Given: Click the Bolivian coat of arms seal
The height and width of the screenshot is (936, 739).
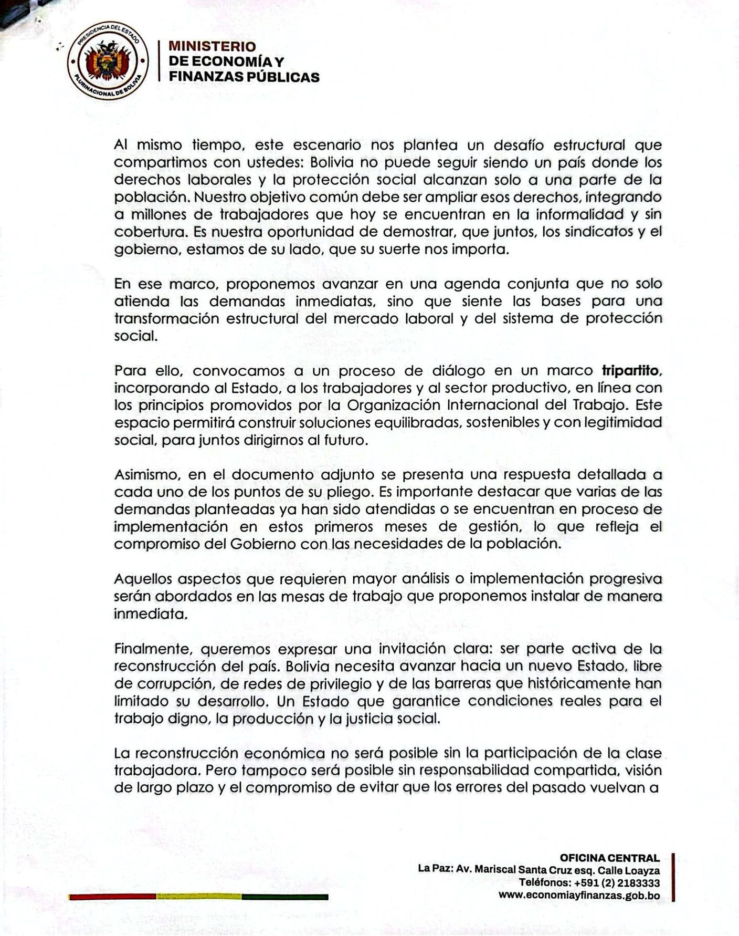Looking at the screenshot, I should [108, 62].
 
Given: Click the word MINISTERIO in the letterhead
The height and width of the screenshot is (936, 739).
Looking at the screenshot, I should [212, 47].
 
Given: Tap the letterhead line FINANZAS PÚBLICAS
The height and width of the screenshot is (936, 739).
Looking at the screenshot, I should [244, 77].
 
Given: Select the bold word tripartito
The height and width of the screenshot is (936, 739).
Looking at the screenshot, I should [630, 371].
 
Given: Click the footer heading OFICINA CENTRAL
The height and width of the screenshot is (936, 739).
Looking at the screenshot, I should [609, 858].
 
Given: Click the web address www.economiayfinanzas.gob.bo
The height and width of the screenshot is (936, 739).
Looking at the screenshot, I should [579, 896].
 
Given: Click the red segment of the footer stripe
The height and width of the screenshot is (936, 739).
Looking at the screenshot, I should [112, 897].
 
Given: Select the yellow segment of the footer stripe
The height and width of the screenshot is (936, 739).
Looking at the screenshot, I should [199, 897].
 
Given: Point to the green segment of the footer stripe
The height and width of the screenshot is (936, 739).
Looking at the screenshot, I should [285, 897].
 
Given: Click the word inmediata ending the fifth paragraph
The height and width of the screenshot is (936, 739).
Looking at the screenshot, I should [150, 613].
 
